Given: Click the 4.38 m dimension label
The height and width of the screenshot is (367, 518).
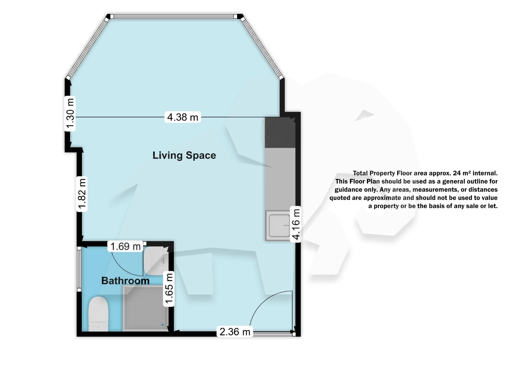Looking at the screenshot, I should coord(183,117).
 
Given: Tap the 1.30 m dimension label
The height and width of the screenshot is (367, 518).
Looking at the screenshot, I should coord(70,114).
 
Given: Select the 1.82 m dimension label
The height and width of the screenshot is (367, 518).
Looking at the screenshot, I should coord(82,194).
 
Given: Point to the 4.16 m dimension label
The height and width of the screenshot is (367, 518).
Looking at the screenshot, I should coord(296,224).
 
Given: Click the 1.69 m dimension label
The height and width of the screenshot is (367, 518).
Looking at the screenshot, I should coord(125,246).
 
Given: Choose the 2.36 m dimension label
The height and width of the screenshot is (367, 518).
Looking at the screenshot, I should coord(235,332).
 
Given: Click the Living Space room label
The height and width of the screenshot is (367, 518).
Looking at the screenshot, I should coord(184,155).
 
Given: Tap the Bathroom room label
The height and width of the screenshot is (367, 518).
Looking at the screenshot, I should coord(125,281).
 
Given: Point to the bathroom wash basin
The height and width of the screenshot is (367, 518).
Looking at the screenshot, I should coord(155,260).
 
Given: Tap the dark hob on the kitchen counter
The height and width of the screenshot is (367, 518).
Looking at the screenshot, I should coord(280,132).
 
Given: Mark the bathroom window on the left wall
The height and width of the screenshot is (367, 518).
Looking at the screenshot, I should coord(79,269).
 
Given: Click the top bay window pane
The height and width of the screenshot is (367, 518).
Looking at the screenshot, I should coord(174,17).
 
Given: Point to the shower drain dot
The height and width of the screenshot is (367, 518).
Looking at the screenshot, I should coord(162,325).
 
